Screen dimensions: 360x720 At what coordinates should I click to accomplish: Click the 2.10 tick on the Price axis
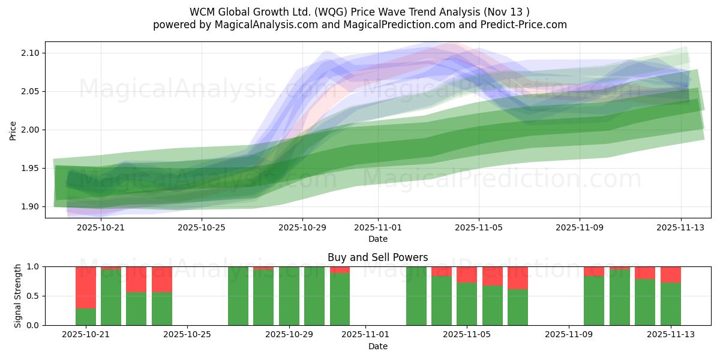coord(30,53)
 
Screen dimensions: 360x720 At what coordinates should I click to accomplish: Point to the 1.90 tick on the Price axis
coord(30,206)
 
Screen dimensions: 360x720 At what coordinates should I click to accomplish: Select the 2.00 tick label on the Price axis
coord(30,130)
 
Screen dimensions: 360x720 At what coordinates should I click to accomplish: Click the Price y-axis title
coord(13,130)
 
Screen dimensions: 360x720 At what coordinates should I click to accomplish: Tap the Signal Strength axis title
coord(18,296)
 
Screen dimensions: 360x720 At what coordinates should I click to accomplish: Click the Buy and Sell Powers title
coord(377,257)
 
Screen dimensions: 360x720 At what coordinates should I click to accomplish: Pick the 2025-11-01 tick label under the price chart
coord(378,227)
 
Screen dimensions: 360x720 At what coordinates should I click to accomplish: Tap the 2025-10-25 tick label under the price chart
coord(202,227)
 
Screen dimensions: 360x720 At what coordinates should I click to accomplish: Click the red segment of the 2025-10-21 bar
coord(86,287)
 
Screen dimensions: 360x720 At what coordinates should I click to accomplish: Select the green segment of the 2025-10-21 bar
coord(86,317)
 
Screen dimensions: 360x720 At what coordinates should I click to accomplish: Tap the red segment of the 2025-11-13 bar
coord(671,274)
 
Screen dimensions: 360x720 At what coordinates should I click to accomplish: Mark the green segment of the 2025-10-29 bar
coord(289,296)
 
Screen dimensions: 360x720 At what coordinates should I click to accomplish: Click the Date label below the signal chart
coord(377,346)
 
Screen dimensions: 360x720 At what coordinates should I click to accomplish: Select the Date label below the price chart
coord(377,239)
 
